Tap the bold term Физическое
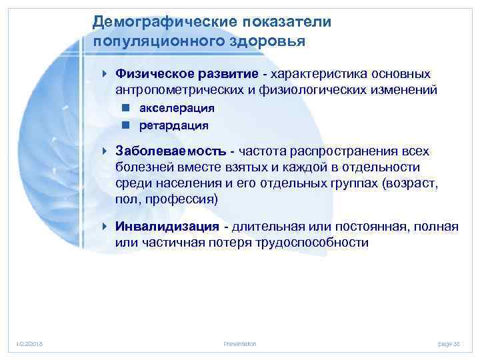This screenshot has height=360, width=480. tap(149, 73)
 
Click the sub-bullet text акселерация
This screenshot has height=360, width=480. tap(177, 107)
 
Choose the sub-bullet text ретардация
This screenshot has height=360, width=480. tap(174, 125)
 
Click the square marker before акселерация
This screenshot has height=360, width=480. tap(125, 107)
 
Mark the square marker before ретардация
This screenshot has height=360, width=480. tap(125, 125)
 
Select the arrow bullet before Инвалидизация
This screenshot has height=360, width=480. tap(106, 227)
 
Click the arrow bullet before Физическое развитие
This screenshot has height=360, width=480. tap(106, 73)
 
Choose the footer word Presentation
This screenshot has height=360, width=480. tap(240, 343)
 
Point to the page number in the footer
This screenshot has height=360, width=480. tap(450, 343)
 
